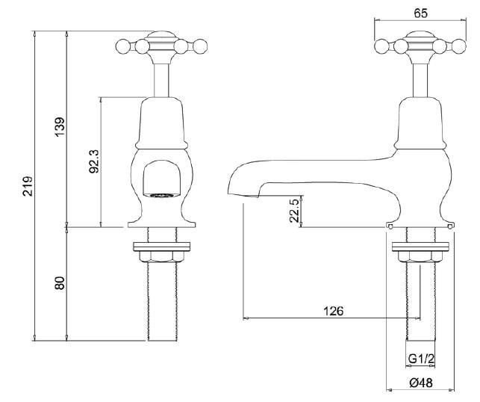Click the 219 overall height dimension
click(26, 186)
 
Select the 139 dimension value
click(60, 128)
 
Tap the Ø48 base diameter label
click(420, 383)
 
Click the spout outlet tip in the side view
click(252, 196)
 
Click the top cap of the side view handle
click(421, 34)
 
